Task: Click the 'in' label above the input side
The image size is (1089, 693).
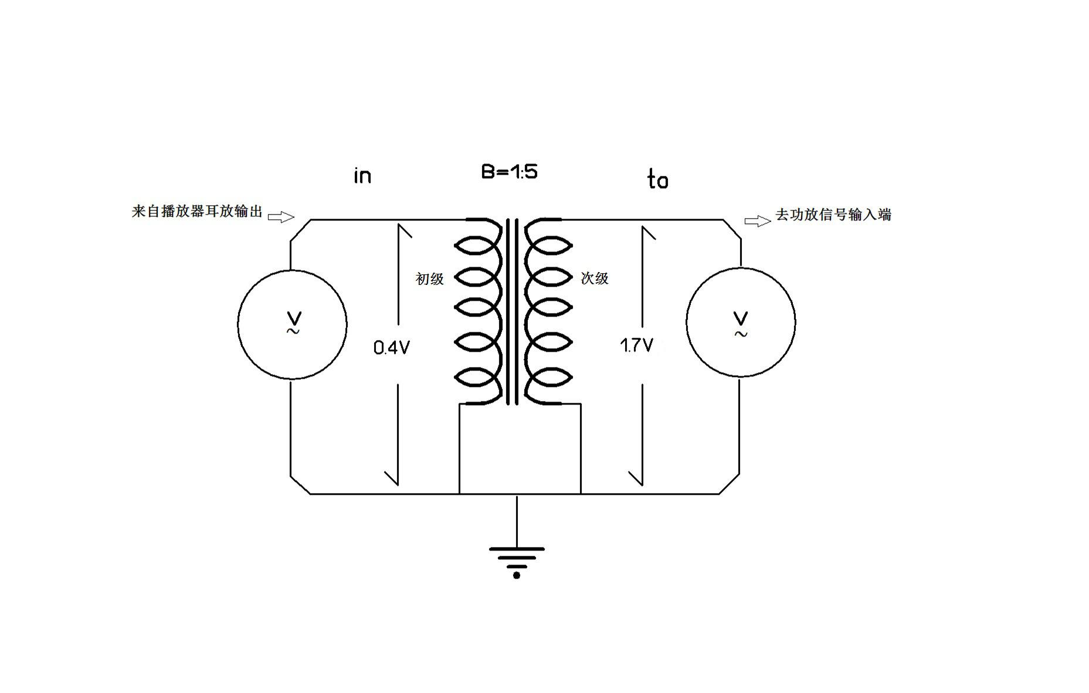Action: click(x=362, y=175)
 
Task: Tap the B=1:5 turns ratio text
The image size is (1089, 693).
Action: click(x=509, y=171)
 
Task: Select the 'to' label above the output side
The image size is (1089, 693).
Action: click(x=657, y=179)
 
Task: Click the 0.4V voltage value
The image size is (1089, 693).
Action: click(x=391, y=348)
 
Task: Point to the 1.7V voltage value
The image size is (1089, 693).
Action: click(x=636, y=345)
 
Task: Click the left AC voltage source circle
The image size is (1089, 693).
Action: click(x=238, y=324)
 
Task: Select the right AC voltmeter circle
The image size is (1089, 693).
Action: click(x=686, y=322)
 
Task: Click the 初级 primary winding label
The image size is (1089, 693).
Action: click(x=430, y=279)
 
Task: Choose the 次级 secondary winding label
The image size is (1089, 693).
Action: click(x=595, y=278)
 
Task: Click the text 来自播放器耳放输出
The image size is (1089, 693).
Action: click(x=197, y=211)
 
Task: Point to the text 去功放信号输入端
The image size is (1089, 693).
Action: click(x=833, y=215)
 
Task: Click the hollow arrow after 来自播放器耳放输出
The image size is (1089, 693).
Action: click(x=281, y=217)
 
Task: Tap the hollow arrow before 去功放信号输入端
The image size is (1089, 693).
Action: click(x=758, y=221)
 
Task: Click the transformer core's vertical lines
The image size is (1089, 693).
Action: click(x=513, y=311)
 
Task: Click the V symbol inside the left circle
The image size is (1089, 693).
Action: click(x=294, y=319)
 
